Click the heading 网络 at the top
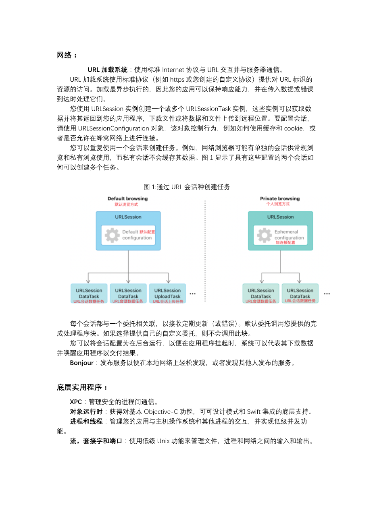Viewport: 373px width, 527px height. (x=64, y=55)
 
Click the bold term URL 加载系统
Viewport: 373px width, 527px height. (x=107, y=70)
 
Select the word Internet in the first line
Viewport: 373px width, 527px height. (x=173, y=70)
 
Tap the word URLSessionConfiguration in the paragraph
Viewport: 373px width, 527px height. (x=113, y=128)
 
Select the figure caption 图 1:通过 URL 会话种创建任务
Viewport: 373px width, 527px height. (x=187, y=187)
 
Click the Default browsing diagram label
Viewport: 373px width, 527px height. (x=127, y=198)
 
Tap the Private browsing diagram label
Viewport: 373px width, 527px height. (x=279, y=198)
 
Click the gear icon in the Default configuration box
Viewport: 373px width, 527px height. (x=112, y=235)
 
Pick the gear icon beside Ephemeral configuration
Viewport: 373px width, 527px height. (x=264, y=235)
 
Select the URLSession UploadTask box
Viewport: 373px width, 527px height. (x=167, y=293)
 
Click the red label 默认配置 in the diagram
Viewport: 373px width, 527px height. (x=147, y=232)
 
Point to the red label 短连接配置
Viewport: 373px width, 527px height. (x=285, y=242)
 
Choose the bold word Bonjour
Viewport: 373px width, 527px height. (x=81, y=363)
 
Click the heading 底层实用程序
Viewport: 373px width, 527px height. (x=79, y=387)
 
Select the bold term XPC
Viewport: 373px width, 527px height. (x=76, y=402)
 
